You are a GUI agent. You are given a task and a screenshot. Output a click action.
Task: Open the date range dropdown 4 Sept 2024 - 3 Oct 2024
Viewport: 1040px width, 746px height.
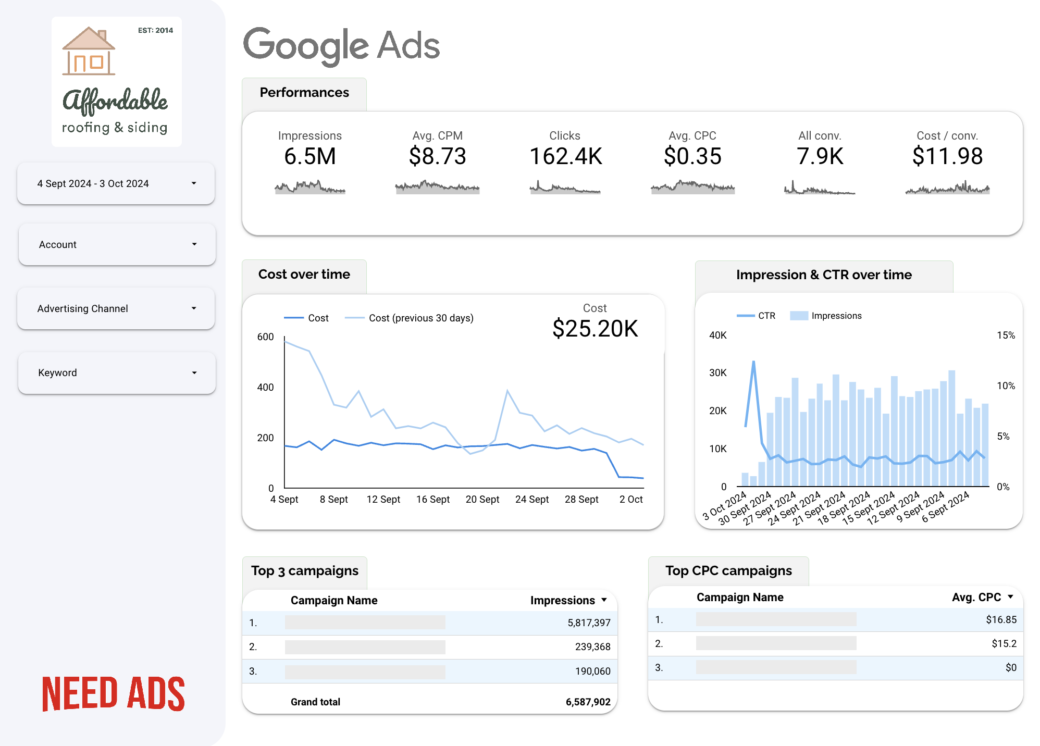116,183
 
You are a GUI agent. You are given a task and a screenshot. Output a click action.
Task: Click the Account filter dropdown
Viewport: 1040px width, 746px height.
117,244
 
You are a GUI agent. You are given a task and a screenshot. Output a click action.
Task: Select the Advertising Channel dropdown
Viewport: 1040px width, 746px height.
116,308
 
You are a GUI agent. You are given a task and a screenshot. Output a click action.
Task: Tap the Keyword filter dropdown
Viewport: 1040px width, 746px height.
117,372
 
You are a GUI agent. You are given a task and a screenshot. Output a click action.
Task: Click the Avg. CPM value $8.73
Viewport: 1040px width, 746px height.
438,156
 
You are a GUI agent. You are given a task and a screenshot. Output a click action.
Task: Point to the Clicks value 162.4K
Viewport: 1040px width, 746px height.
566,156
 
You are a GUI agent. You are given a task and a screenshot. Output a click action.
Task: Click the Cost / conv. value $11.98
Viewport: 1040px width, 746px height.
948,156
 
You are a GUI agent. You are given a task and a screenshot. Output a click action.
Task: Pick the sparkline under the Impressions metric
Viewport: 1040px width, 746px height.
310,187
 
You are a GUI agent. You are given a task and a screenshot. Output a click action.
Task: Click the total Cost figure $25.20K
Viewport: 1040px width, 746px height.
595,329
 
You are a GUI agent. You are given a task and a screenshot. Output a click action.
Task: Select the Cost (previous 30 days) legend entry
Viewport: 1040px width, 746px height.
409,318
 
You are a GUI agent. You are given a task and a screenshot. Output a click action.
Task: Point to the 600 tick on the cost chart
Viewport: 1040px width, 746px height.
265,337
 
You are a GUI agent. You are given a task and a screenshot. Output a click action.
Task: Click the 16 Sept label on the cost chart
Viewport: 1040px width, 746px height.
433,499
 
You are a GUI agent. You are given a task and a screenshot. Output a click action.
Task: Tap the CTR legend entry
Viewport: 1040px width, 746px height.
756,316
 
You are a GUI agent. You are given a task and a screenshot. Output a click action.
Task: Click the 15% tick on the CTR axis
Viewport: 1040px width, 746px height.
1006,335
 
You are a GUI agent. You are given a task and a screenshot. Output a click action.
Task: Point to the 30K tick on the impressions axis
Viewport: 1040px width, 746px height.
717,372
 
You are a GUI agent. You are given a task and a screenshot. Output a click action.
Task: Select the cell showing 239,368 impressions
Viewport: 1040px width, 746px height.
592,646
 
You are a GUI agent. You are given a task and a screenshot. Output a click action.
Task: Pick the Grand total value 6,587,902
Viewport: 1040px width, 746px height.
588,702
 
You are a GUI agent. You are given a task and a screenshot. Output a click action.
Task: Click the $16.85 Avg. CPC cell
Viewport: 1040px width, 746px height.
1001,619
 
